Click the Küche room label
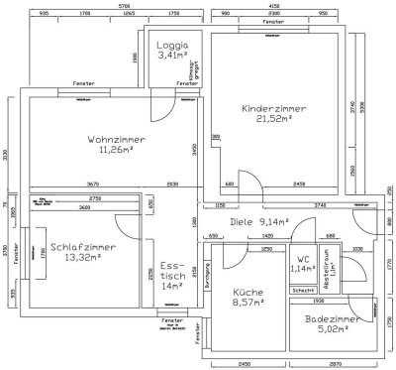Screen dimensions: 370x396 (247, 293)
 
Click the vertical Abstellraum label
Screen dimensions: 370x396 (333, 260)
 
